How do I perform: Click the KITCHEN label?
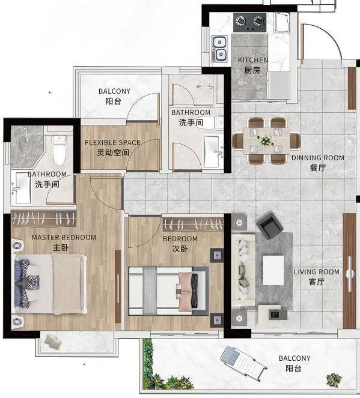point(253,60)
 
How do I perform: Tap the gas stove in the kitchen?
point(250,22)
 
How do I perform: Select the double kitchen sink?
point(219,49)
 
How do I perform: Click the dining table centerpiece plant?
point(266,140)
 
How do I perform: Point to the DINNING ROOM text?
point(318,158)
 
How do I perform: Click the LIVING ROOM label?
point(317,272)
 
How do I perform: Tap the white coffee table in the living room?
point(273,270)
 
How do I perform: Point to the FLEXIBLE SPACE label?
point(112,143)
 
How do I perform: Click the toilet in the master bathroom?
point(59,149)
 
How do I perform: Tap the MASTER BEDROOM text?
point(64,238)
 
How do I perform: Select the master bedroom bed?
point(49,284)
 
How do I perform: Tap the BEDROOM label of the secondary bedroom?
point(180,239)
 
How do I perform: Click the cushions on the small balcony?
point(53,340)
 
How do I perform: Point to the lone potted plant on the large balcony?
point(334,380)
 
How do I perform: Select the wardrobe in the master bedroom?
point(43,219)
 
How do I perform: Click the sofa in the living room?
point(243,270)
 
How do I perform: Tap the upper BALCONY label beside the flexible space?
point(114,91)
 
